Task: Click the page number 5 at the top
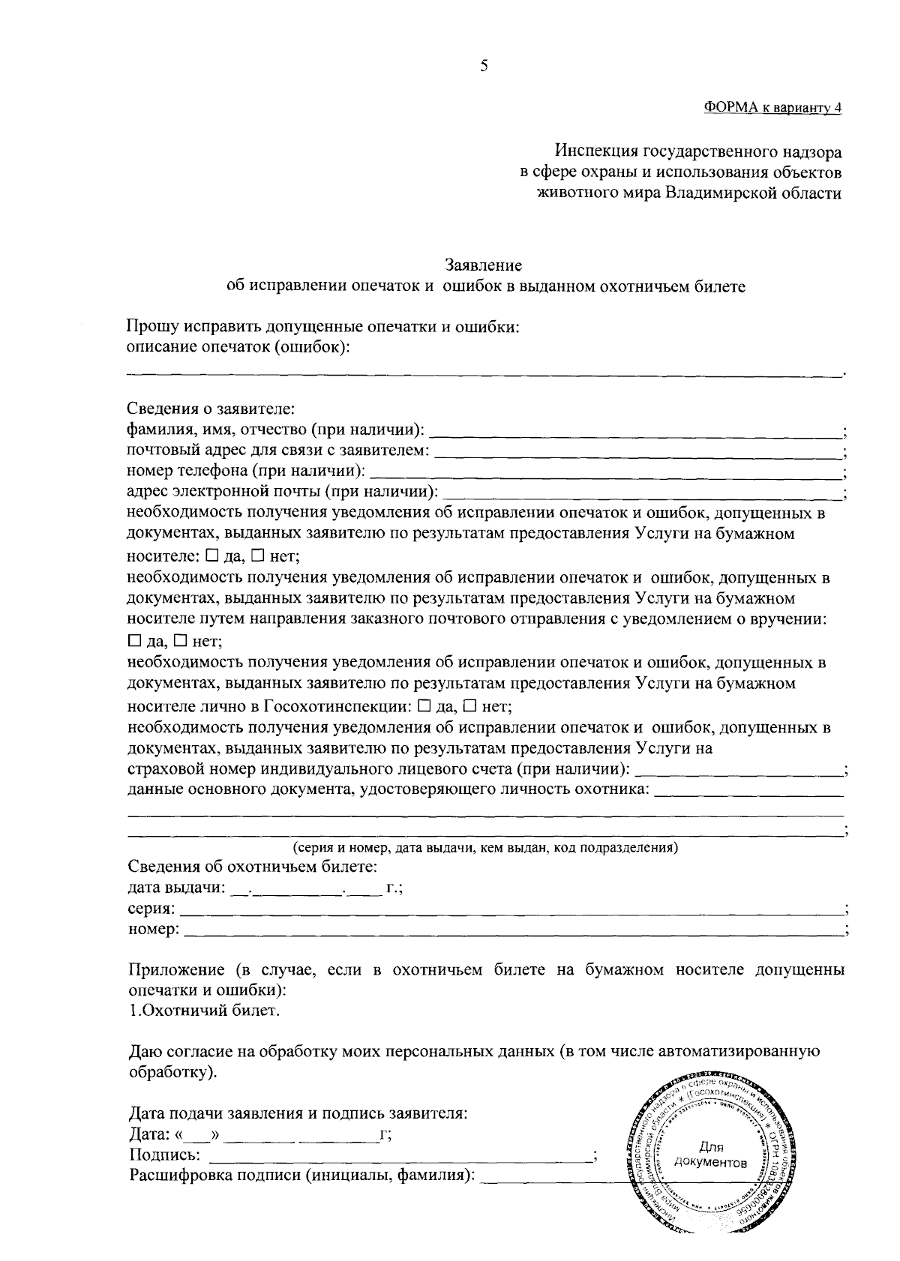pyautogui.click(x=484, y=66)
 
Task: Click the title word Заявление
pyautogui.click(x=484, y=265)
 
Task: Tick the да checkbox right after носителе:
pyautogui.click(x=211, y=556)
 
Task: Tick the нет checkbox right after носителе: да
pyautogui.click(x=257, y=556)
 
